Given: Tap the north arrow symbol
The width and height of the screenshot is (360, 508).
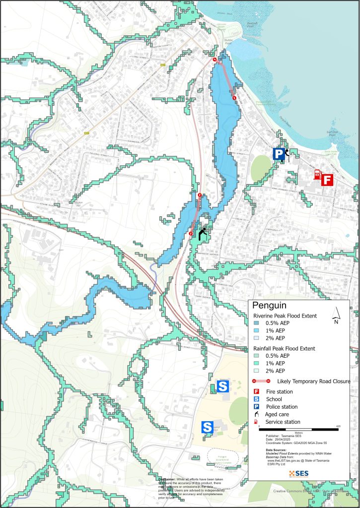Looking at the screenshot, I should (x=336, y=314).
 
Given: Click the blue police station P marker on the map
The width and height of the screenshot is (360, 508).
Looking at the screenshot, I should (x=279, y=154).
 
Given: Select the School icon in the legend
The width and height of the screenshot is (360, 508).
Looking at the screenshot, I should (x=257, y=399).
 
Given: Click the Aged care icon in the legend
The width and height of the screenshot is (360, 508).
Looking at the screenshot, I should (x=257, y=414).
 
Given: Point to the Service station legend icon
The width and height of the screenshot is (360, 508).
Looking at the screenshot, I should (x=257, y=422).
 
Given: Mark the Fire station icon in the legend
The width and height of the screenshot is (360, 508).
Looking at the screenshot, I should (x=257, y=392).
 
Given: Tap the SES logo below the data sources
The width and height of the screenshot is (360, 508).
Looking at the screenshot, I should (x=298, y=473).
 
